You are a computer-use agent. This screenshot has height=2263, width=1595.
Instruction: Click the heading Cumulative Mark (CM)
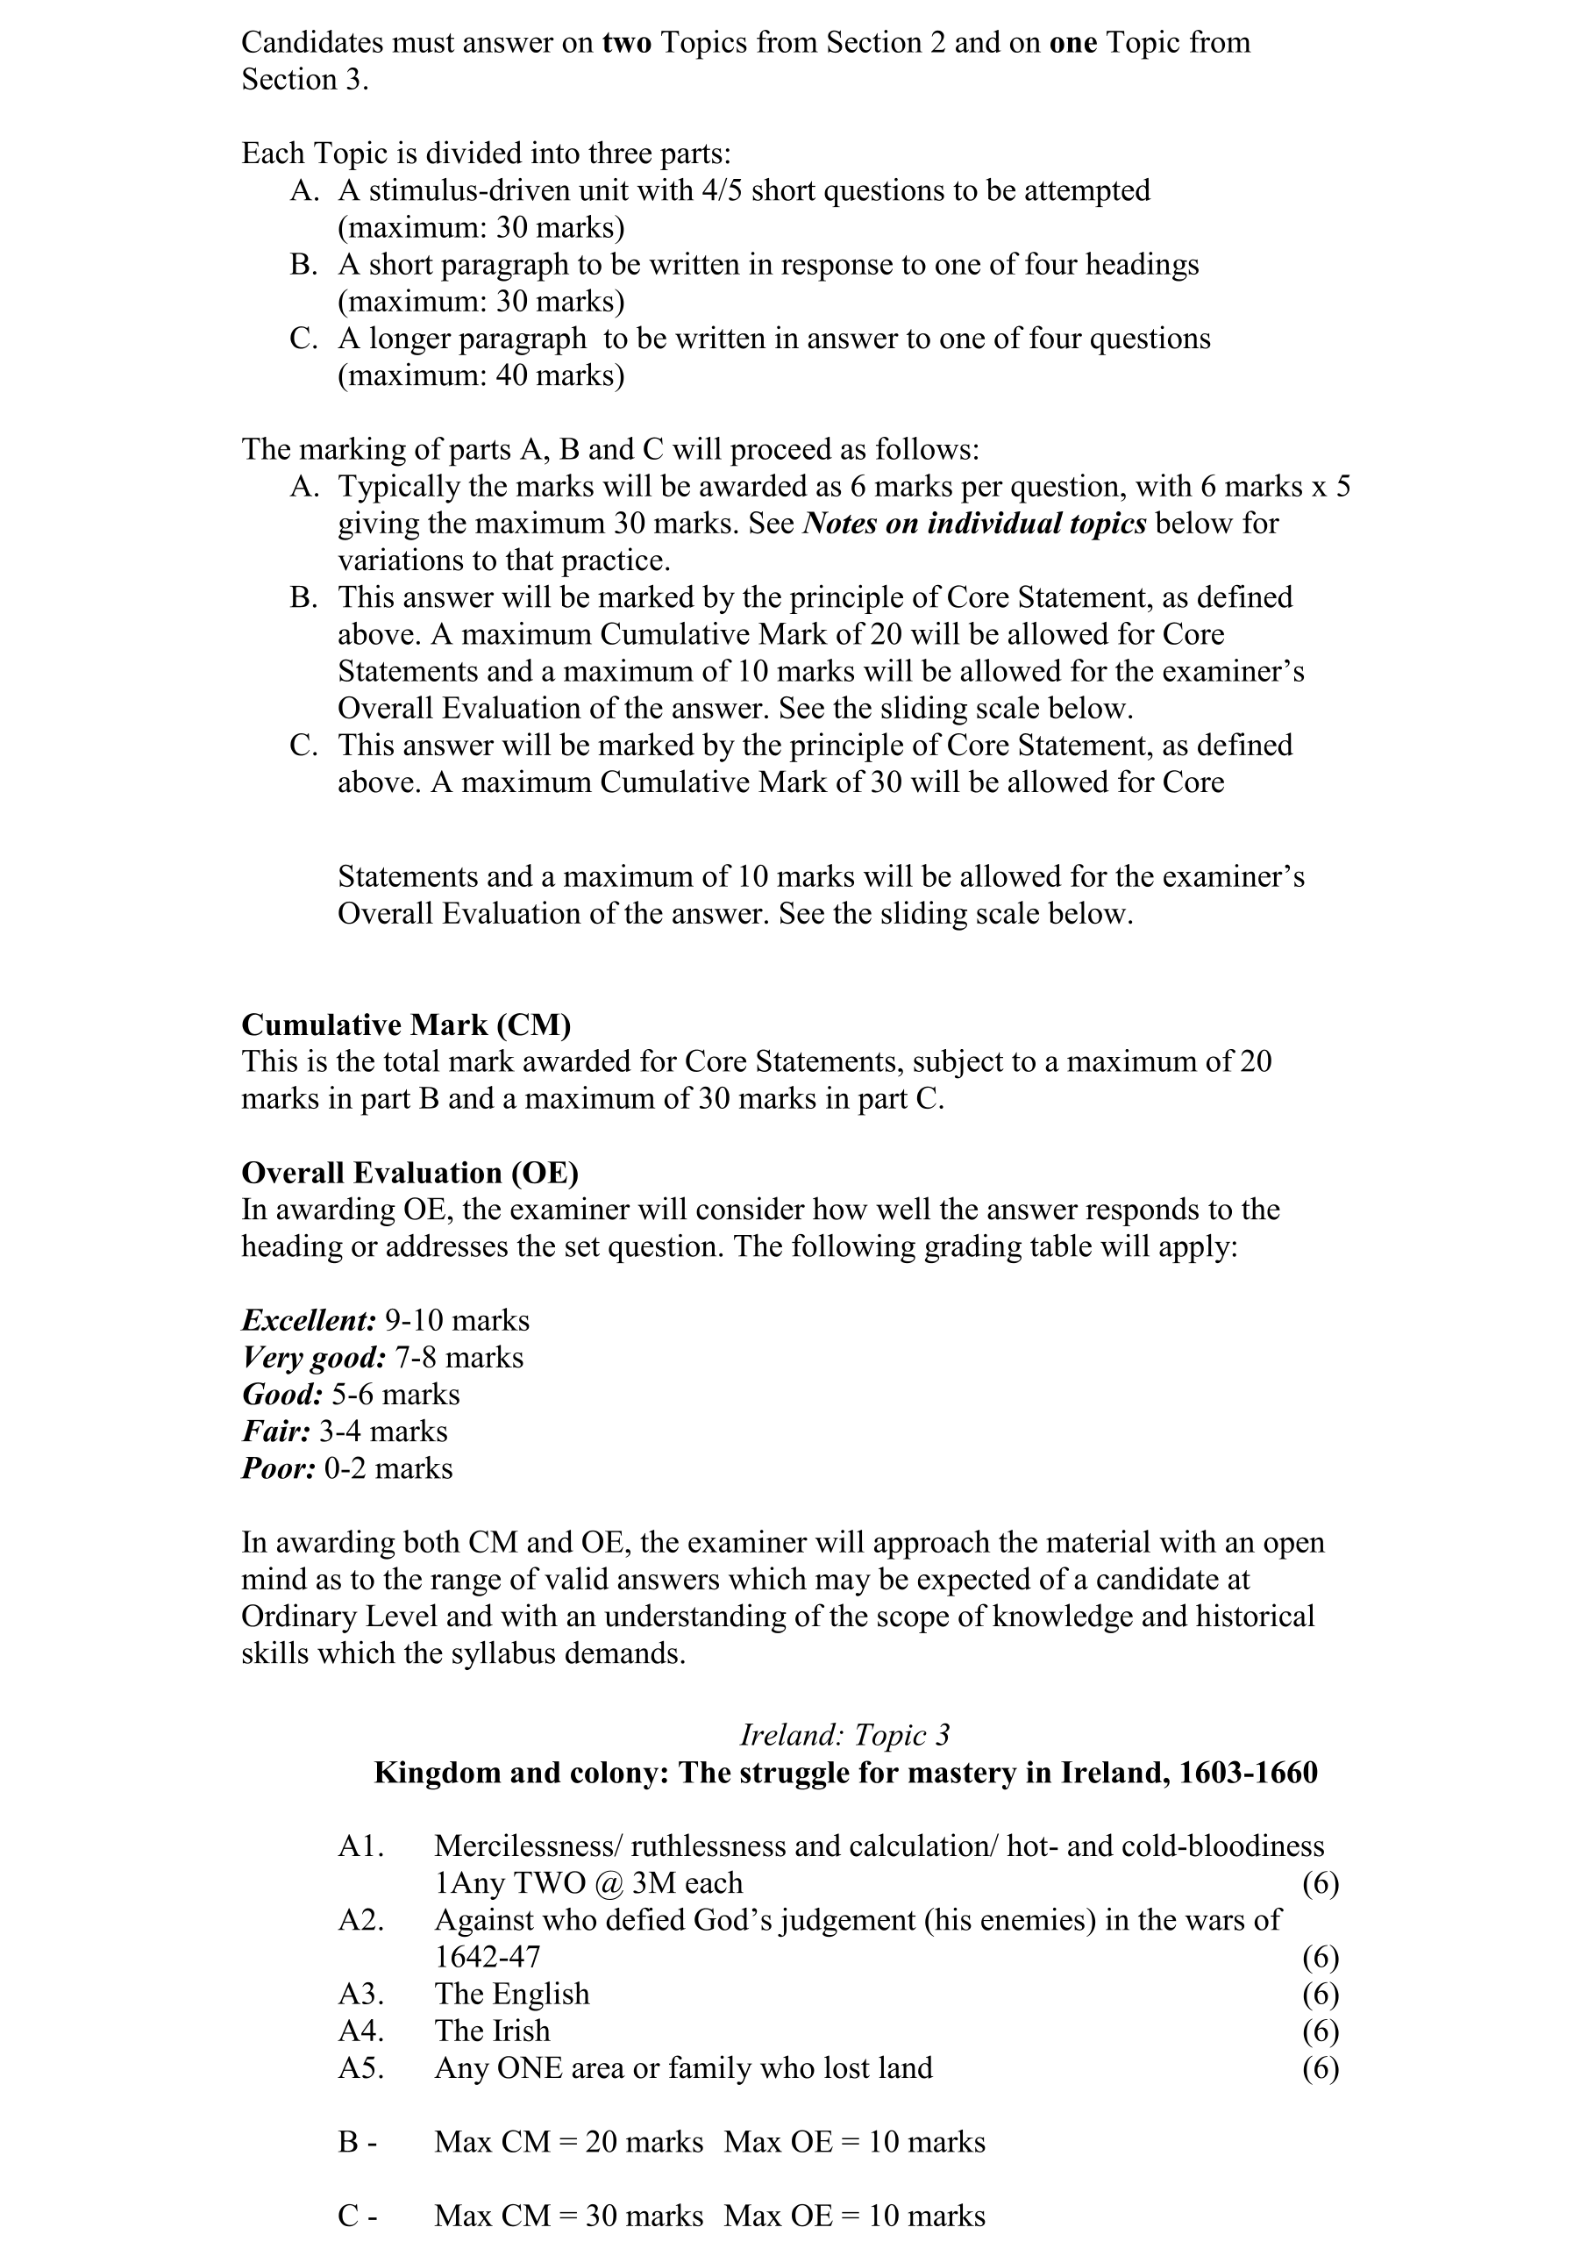[x=406, y=1025]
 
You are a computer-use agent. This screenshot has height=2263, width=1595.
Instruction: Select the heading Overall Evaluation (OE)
[x=409, y=1173]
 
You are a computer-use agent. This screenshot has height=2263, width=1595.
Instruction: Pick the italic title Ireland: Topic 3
[x=844, y=1735]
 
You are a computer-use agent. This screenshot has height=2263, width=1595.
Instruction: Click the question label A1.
[x=360, y=1846]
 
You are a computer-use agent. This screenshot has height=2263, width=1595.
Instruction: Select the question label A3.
[x=360, y=1994]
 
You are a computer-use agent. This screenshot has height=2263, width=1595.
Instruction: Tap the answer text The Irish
[x=492, y=2031]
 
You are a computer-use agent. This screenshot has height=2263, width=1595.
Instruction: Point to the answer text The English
[x=511, y=1994]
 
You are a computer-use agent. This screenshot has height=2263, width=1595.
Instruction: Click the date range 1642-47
[x=488, y=1957]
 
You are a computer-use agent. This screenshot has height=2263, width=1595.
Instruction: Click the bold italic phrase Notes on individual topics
[x=974, y=524]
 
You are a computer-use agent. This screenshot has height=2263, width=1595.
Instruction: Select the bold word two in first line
[x=627, y=42]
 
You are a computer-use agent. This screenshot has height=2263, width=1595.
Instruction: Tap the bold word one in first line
[x=1073, y=42]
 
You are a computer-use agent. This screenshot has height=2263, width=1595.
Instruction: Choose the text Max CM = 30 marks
[x=568, y=2217]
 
